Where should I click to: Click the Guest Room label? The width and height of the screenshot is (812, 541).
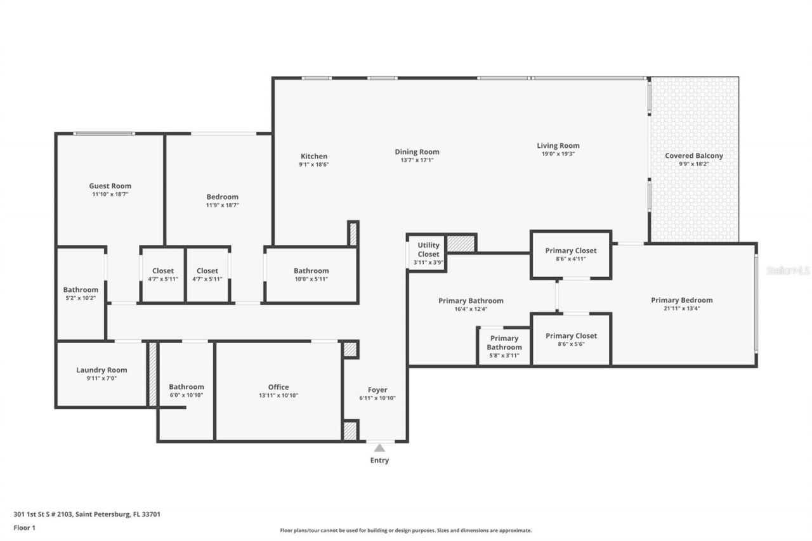[x=110, y=186]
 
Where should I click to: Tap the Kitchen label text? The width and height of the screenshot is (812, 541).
[x=314, y=156]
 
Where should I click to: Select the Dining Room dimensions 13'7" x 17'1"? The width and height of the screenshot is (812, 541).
[x=417, y=160]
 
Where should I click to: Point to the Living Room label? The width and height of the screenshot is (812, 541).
[x=558, y=145]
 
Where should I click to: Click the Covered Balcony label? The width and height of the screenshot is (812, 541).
[x=693, y=155]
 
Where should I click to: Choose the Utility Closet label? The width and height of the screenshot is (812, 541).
[x=428, y=250]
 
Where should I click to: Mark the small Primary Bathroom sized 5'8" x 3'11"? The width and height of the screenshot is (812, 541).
[x=504, y=347]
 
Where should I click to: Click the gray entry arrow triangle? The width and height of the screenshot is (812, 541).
[x=379, y=448]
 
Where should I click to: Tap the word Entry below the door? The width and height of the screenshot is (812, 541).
[x=379, y=460]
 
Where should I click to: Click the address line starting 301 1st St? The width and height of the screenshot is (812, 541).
[x=87, y=514]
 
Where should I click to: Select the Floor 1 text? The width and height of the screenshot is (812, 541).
[x=24, y=527]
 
